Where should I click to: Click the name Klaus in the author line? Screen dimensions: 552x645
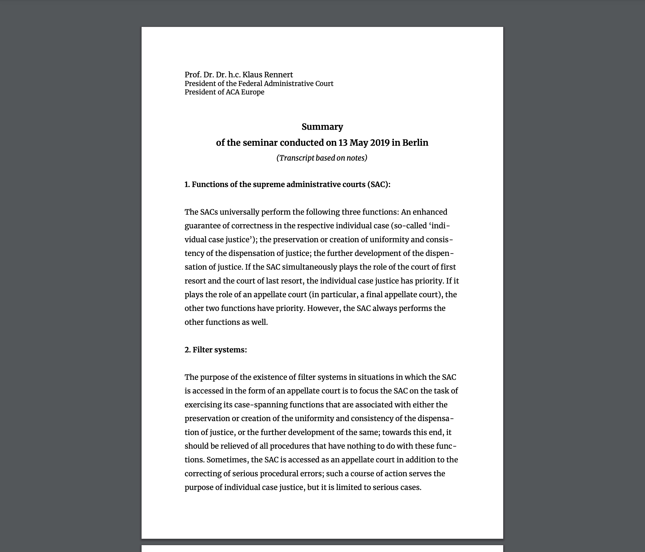(x=252, y=75)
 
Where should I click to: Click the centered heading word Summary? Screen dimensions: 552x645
(x=322, y=127)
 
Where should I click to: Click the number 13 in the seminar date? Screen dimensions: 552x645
(x=343, y=143)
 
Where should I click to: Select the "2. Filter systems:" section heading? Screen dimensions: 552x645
(x=216, y=350)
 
